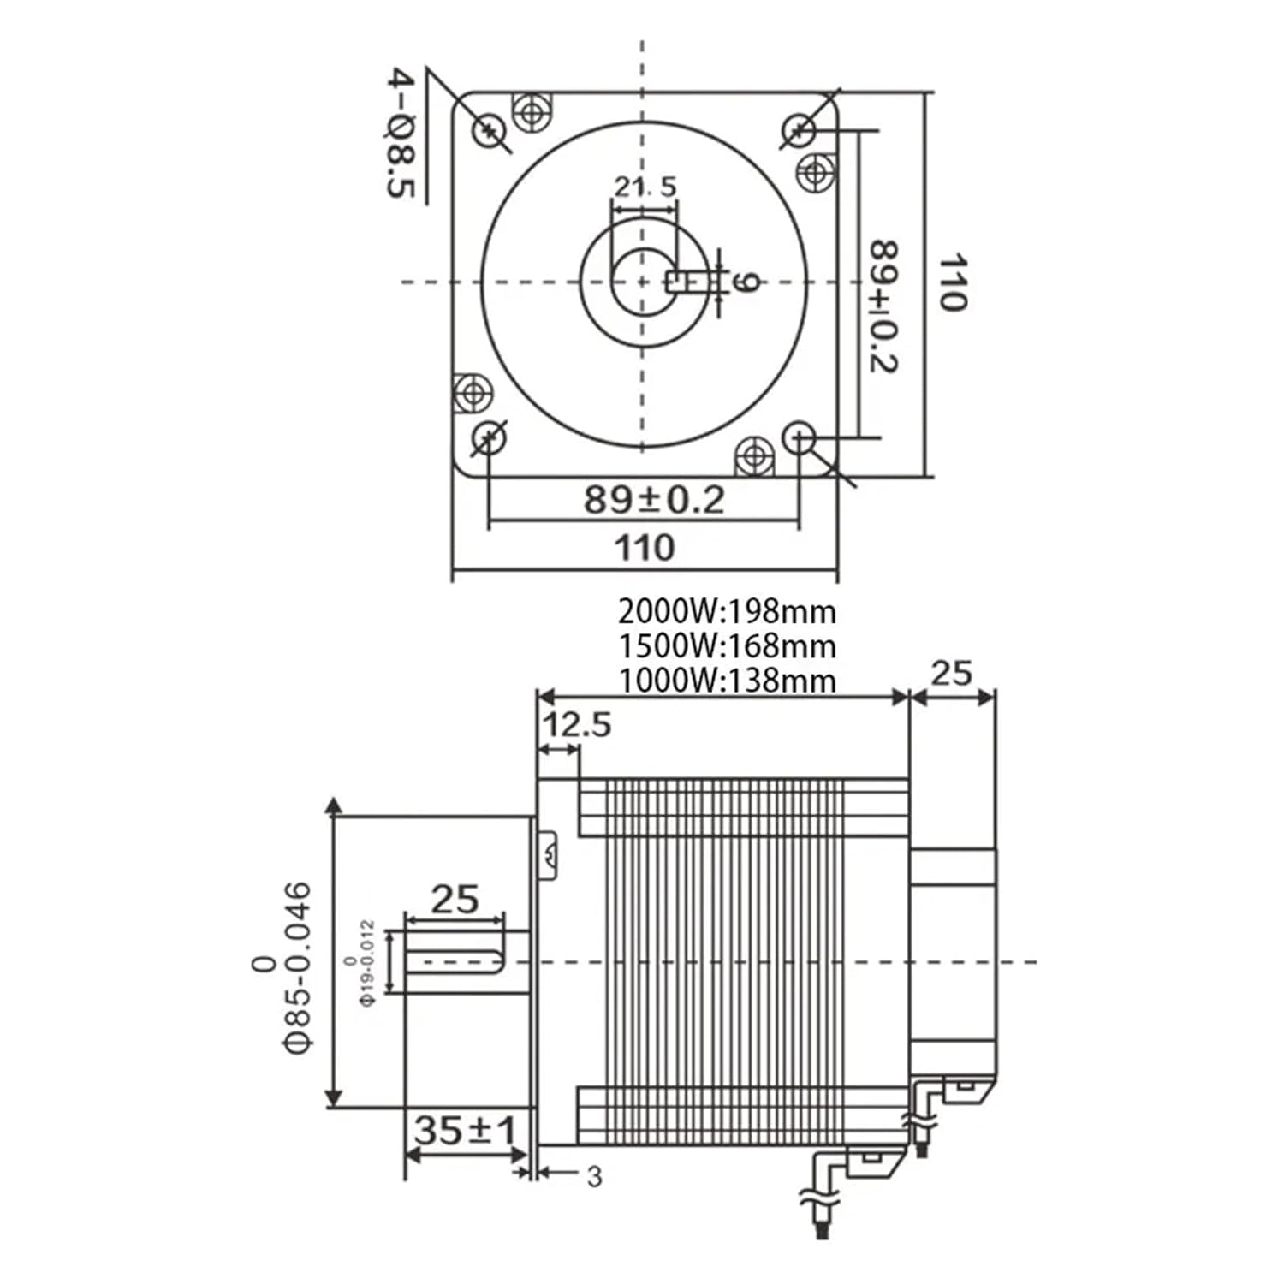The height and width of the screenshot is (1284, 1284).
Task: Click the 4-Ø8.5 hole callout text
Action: [x=401, y=134]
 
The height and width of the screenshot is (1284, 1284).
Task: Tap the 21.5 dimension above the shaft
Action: [x=645, y=186]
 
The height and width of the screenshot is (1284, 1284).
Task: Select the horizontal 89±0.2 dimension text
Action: [x=654, y=499]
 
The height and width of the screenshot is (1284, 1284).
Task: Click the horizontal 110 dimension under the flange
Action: [x=644, y=547]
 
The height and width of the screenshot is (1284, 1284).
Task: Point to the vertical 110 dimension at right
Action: [x=952, y=282]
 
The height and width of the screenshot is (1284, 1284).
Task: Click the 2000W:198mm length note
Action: [x=727, y=612]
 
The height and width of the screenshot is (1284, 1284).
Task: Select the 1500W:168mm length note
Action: [x=727, y=645]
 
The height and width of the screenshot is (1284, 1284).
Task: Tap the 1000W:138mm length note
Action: [x=727, y=680]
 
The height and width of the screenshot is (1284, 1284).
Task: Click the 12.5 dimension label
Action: [x=577, y=725]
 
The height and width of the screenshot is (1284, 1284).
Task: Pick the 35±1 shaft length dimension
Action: [x=466, y=1130]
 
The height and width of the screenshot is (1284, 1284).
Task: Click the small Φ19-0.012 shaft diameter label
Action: [x=366, y=963]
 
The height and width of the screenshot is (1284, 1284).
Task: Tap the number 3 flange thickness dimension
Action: [x=594, y=1177]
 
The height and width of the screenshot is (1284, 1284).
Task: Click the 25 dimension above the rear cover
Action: [x=951, y=674]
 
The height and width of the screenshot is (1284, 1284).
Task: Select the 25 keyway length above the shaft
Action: [x=455, y=900]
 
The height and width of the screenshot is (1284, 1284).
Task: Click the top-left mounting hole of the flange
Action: [x=489, y=129]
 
